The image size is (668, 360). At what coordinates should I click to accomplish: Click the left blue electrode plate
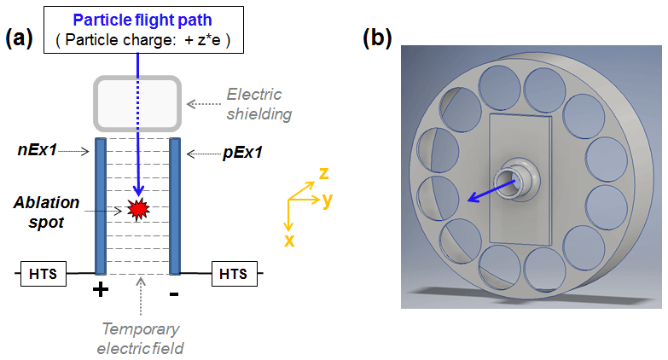coord(100,205)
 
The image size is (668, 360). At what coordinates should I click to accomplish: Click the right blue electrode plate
coord(174,205)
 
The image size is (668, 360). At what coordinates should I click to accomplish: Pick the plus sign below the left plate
coord(100,290)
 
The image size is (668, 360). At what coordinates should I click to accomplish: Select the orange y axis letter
coord(327,200)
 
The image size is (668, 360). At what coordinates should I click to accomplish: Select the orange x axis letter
coord(290,240)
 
